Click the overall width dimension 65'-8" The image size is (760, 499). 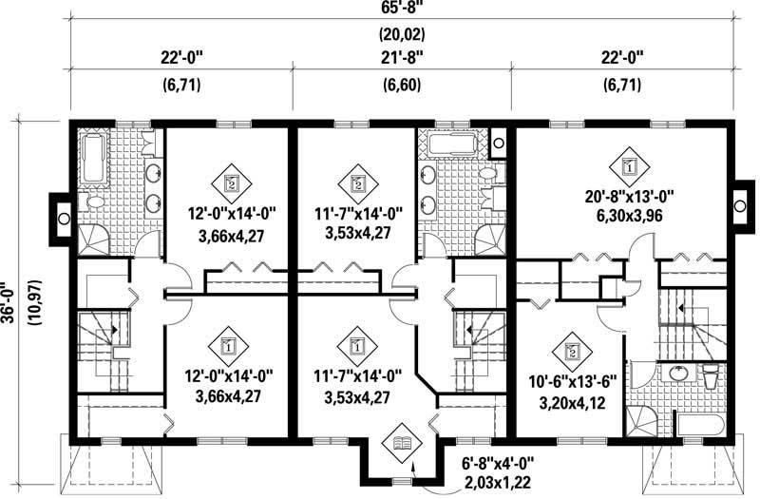point(401,10)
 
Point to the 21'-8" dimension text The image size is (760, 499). point(401,57)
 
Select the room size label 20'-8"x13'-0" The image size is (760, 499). point(630,197)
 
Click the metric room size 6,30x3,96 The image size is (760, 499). point(630,215)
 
